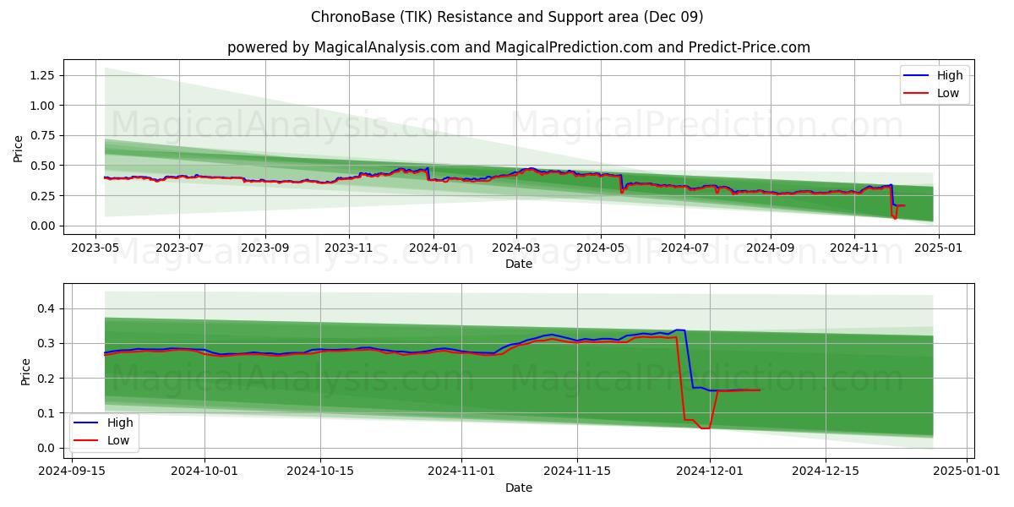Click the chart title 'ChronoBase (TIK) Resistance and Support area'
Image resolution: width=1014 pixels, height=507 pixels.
pyautogui.click(x=475, y=17)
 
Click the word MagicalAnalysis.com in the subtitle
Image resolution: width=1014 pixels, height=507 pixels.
pyautogui.click(x=387, y=47)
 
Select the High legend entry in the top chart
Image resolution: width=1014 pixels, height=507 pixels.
pyautogui.click(x=933, y=75)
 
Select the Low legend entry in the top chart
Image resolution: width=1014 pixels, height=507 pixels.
pyautogui.click(x=931, y=93)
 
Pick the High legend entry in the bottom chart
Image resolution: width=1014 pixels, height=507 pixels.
pyautogui.click(x=103, y=422)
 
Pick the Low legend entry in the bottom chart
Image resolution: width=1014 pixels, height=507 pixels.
pyautogui.click(x=101, y=440)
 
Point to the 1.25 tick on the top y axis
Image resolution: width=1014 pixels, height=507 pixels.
pyautogui.click(x=42, y=75)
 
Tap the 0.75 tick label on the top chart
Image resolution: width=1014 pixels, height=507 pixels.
pyautogui.click(x=42, y=135)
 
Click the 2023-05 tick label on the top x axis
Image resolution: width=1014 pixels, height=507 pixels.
pyautogui.click(x=95, y=248)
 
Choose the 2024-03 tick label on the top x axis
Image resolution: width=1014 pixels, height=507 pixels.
pyautogui.click(x=516, y=248)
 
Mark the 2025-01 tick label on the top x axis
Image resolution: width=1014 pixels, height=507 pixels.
pyautogui.click(x=939, y=248)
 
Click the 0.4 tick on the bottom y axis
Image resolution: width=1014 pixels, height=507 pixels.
pyautogui.click(x=46, y=308)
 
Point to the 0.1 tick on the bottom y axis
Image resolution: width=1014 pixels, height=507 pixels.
pyautogui.click(x=46, y=413)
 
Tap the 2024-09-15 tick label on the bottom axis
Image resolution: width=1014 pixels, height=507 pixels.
pyautogui.click(x=72, y=472)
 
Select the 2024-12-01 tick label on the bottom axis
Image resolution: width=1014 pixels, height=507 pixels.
pyautogui.click(x=710, y=472)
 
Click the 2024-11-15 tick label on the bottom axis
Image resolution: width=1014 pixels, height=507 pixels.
pyautogui.click(x=577, y=472)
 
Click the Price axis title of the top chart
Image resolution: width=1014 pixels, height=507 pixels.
pyautogui.click(x=18, y=149)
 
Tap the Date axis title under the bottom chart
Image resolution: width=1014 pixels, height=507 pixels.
pyautogui.click(x=519, y=488)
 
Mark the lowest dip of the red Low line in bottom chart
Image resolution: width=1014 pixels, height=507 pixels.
pyautogui.click(x=706, y=428)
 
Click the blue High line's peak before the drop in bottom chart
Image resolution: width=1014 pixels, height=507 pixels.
pyautogui.click(x=680, y=330)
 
